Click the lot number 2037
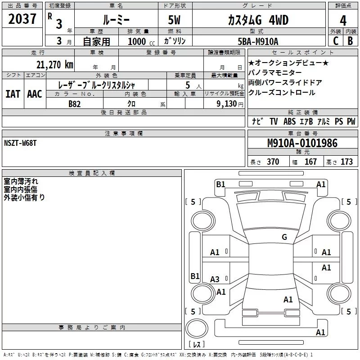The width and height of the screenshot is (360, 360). [x=22, y=19]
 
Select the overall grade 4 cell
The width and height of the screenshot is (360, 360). [x=343, y=21]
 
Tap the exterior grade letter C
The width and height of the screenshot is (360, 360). [x=336, y=41]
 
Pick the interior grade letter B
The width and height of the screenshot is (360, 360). [x=350, y=41]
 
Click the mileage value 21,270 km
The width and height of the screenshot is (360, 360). [x=54, y=65]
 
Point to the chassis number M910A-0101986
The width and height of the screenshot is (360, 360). [x=302, y=143]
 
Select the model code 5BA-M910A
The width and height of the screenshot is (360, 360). [x=258, y=41]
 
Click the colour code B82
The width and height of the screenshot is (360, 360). [x=74, y=104]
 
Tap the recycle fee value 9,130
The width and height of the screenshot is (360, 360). [x=227, y=104]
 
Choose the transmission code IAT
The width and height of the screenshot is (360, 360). [x=13, y=94]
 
